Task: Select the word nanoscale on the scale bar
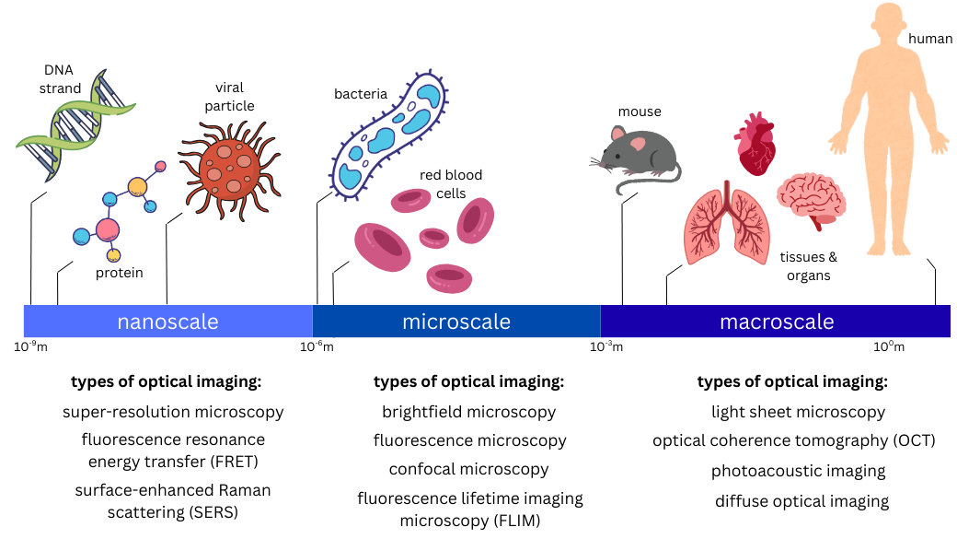pyautogui.click(x=167, y=322)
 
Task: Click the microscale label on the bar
pyautogui.click(x=456, y=322)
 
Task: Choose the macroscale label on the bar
pyautogui.click(x=777, y=322)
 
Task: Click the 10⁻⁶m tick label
pyautogui.click(x=317, y=346)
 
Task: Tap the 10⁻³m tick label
pyautogui.click(x=606, y=346)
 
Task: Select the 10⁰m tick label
pyautogui.click(x=889, y=346)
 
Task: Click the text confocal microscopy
pyautogui.click(x=468, y=469)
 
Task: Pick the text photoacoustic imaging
pyautogui.click(x=798, y=471)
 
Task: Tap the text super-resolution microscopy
pyautogui.click(x=173, y=412)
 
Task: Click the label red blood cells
pyautogui.click(x=451, y=184)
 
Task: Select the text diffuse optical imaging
pyautogui.click(x=801, y=501)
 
